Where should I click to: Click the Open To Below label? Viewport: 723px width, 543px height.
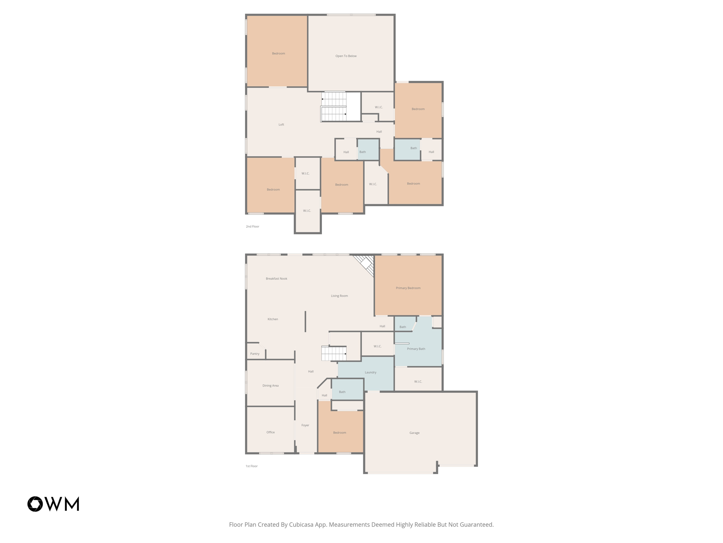[x=346, y=56]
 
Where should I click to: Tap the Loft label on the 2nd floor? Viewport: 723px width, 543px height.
[x=281, y=124]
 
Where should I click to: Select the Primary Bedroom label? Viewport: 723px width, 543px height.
[x=408, y=288]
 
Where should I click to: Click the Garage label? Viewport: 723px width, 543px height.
[x=414, y=433]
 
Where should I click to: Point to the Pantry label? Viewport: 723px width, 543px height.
[x=255, y=354]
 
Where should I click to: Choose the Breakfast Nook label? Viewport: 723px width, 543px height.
[x=276, y=279]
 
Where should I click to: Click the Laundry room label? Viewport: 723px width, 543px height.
[x=370, y=372]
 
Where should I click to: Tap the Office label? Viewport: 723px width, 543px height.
[x=270, y=432]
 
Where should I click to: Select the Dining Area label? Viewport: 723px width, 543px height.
[x=270, y=385]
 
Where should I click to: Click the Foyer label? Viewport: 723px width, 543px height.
[x=305, y=425]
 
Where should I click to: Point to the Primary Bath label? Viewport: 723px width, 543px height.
[x=416, y=349]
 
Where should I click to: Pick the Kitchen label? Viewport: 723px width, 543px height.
[x=273, y=319]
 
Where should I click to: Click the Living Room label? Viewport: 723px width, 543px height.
[x=339, y=296]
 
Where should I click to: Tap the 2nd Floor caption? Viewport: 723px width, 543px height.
[x=252, y=226]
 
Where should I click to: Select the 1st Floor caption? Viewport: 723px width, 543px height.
[x=251, y=466]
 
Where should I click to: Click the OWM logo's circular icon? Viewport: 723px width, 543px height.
[x=35, y=504]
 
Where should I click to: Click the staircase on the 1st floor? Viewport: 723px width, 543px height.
[x=334, y=353]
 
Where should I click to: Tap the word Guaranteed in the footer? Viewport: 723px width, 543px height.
[x=476, y=525]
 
